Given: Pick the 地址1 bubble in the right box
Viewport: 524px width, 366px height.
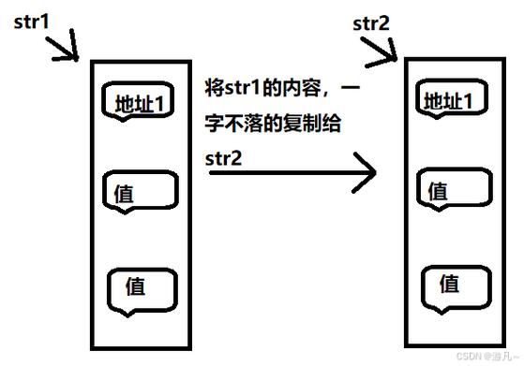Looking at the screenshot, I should [455, 99].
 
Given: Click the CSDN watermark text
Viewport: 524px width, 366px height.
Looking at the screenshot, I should [486, 357].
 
